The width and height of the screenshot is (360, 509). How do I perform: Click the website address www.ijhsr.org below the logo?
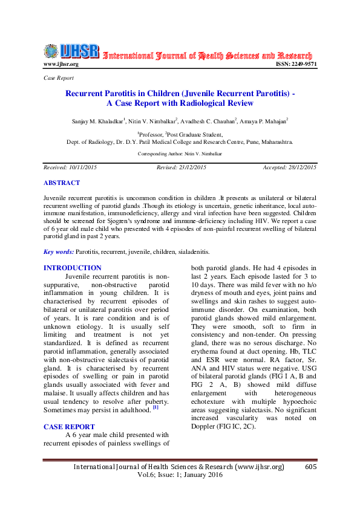click(61, 64)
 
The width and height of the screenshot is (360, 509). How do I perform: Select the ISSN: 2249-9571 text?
click(296, 64)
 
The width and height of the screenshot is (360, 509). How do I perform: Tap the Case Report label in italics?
click(59, 78)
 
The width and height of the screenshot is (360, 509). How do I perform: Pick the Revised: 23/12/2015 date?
click(182, 167)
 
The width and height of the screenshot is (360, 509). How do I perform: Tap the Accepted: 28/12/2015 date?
click(289, 167)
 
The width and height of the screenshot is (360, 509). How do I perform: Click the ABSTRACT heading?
click(62, 183)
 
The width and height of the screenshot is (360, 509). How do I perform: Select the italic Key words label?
click(59, 251)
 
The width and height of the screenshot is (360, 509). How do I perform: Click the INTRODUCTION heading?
click(73, 268)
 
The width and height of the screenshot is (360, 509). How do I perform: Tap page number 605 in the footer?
click(311, 467)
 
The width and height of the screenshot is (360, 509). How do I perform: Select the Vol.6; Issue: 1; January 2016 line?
click(180, 475)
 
